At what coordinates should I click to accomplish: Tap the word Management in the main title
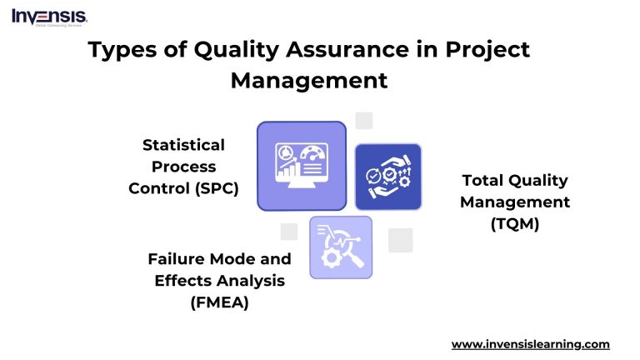(308, 81)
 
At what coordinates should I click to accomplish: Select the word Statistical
(183, 145)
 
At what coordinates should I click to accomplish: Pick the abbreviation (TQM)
(514, 223)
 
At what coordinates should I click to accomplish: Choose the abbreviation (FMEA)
(219, 302)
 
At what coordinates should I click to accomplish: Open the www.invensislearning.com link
(530, 344)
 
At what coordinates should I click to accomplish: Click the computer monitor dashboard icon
(301, 165)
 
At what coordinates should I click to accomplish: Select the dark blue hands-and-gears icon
(388, 177)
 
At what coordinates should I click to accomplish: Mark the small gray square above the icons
(363, 121)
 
